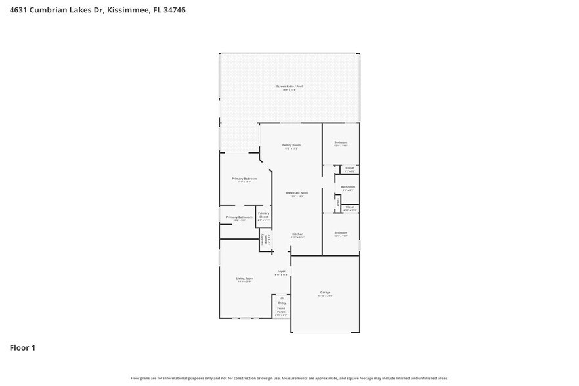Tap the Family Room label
click(291, 144)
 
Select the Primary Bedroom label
click(244, 179)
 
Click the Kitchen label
click(297, 234)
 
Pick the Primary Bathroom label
click(239, 217)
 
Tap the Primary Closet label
click(263, 214)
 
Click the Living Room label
click(245, 278)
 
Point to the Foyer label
click(281, 271)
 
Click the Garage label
click(325, 292)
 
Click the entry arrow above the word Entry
click(282, 297)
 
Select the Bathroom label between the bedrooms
click(348, 187)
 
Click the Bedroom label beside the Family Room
click(340, 142)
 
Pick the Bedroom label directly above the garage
click(340, 233)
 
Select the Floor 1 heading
click(22, 347)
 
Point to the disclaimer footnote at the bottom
click(289, 378)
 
